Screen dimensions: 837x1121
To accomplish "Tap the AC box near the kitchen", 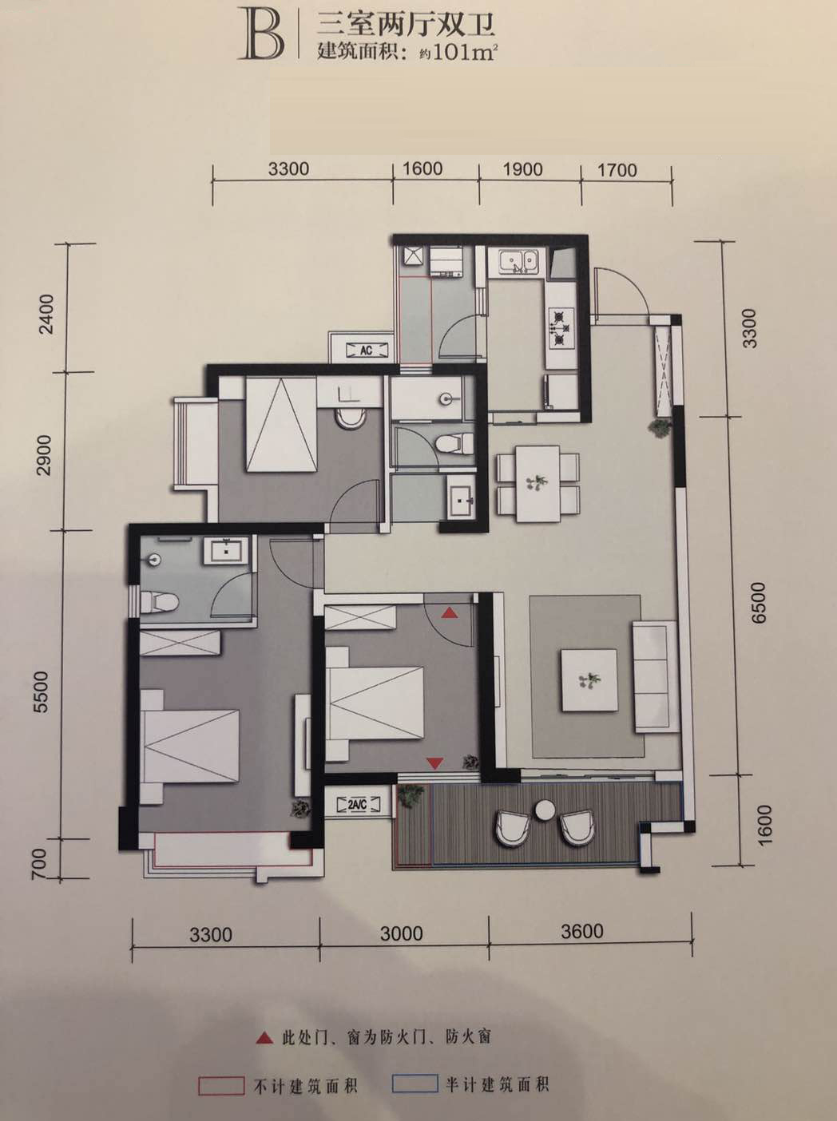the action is point(366,350).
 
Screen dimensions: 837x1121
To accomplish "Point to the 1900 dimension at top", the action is point(522,169).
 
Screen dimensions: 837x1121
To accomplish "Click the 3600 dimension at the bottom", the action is point(582,930).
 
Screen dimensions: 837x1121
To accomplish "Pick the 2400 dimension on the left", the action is point(47,314).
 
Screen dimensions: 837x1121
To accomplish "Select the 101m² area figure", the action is point(464,53).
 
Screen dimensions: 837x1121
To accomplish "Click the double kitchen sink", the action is point(518,261).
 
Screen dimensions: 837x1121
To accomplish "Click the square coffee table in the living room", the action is point(589,679).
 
